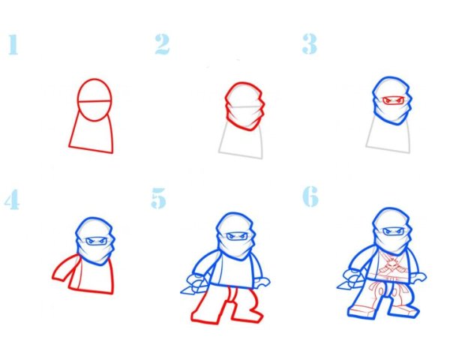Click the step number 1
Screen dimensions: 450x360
tap(13, 44)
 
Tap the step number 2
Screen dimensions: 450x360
tap(162, 44)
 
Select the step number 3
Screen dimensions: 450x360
tap(310, 43)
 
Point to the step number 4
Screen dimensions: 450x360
tap(12, 199)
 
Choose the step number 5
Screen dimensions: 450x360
tap(158, 198)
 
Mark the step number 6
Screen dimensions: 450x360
tap(310, 196)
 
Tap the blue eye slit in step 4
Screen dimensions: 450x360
tap(96, 241)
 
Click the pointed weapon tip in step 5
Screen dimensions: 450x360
tap(181, 292)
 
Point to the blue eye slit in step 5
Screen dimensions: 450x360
tap(237, 236)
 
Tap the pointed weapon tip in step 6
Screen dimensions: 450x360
tap(337, 286)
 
